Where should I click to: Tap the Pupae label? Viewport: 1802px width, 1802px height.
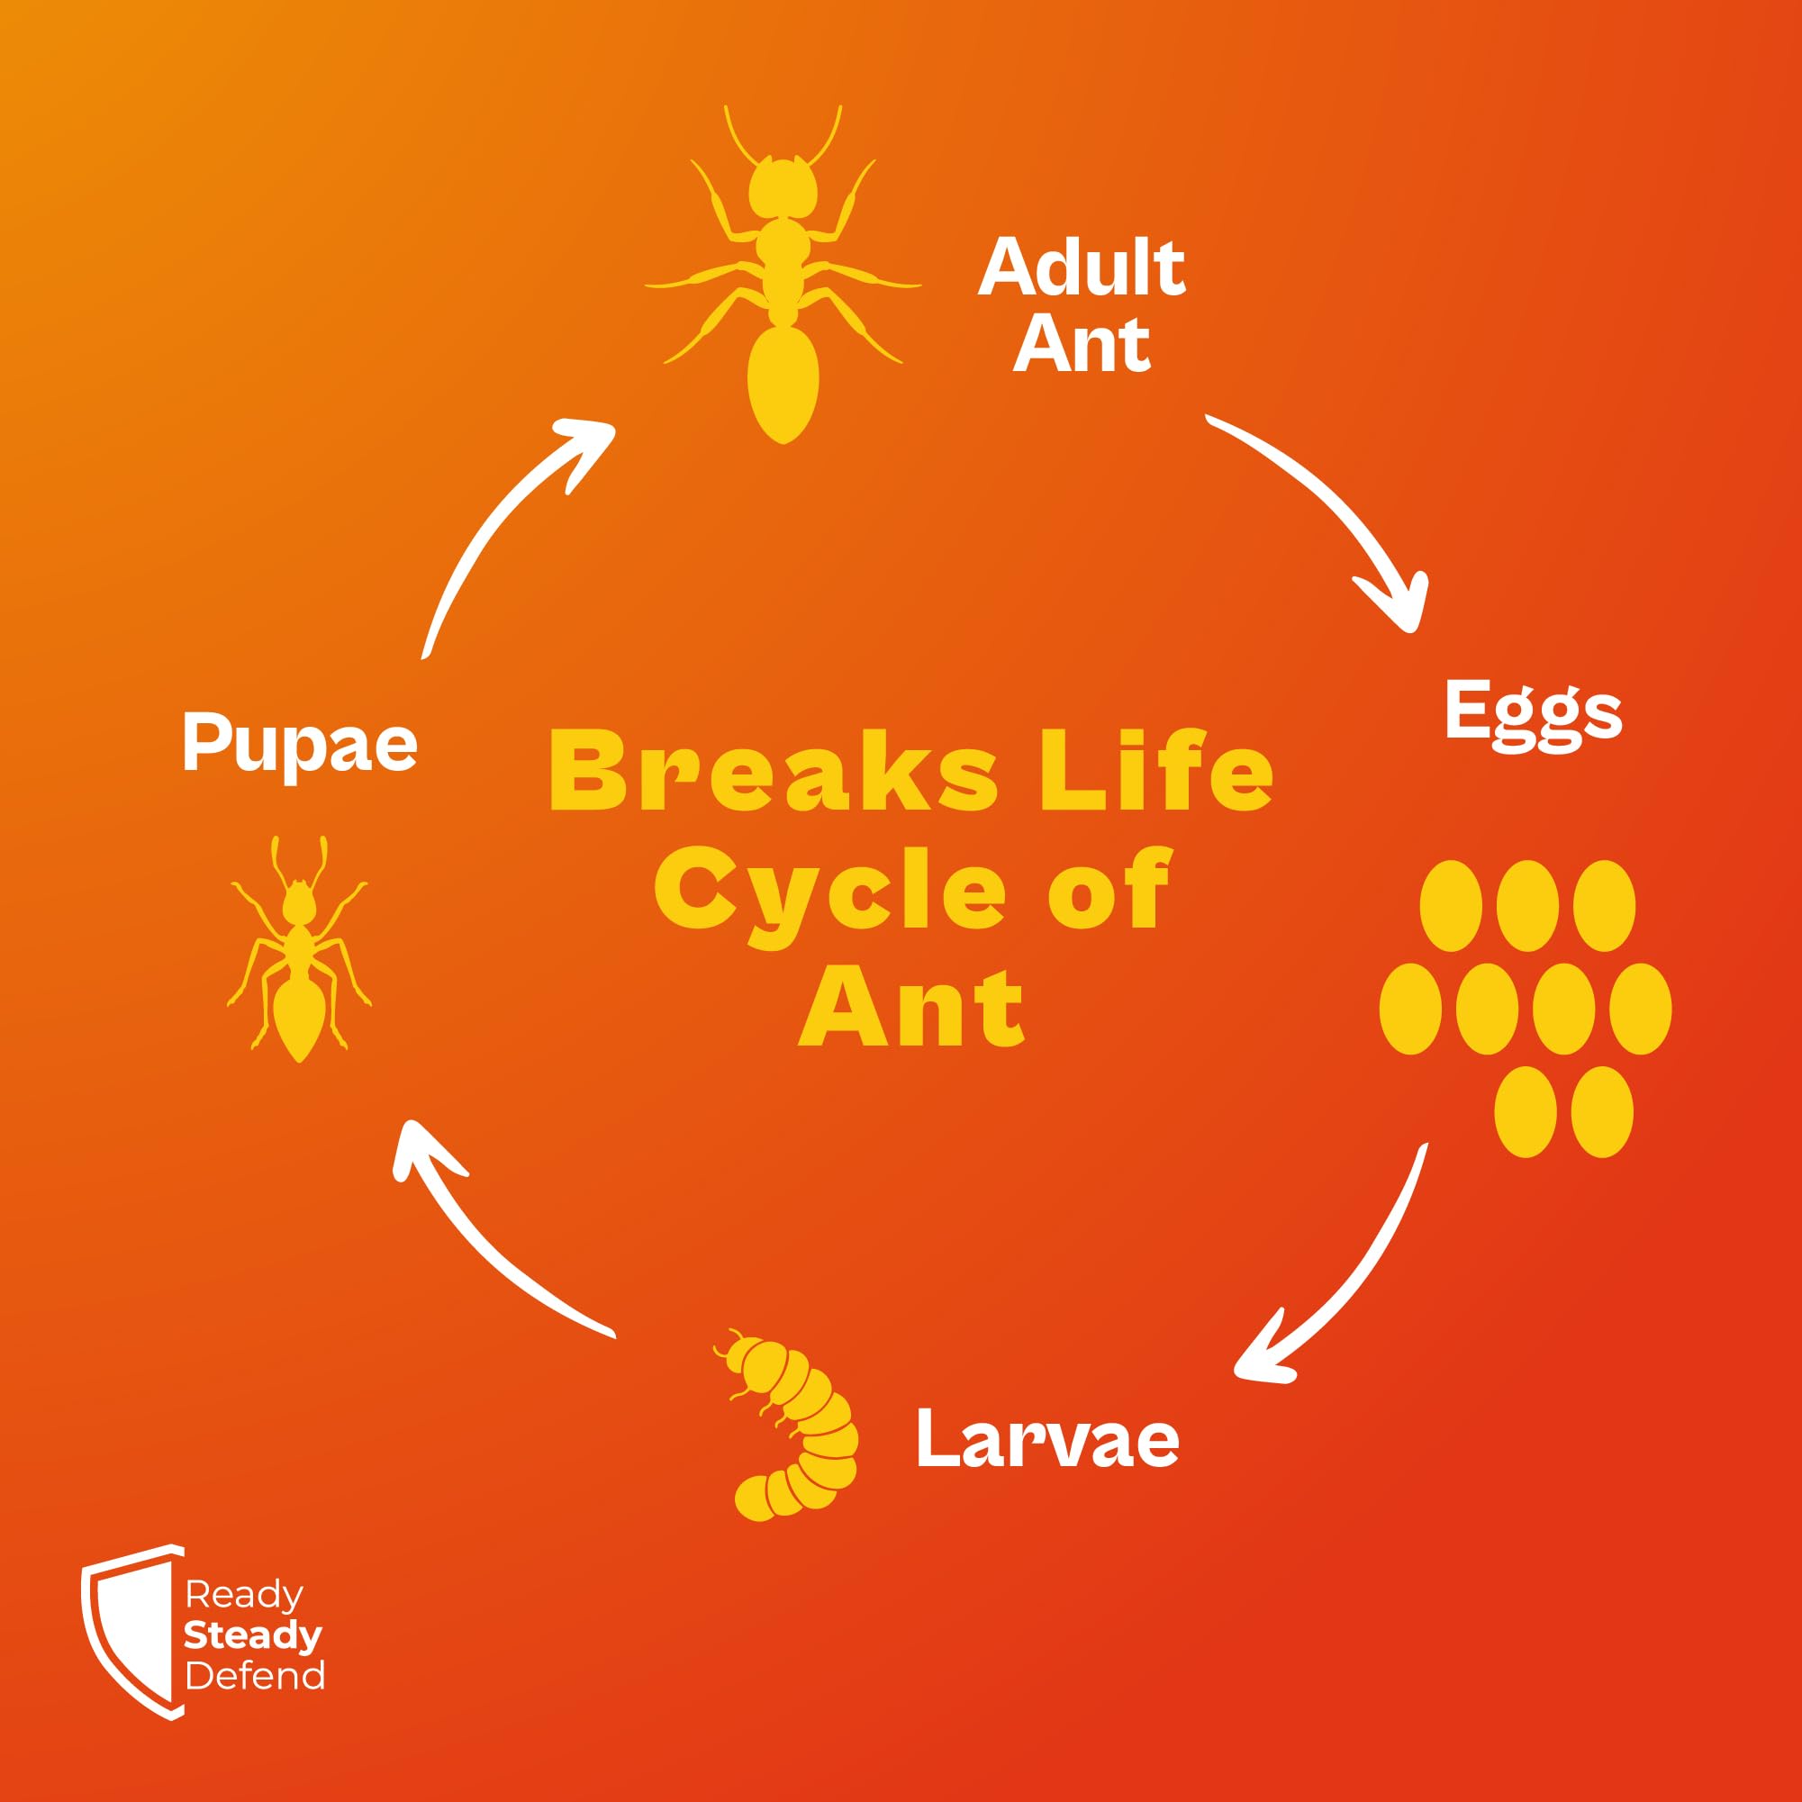pyautogui.click(x=299, y=743)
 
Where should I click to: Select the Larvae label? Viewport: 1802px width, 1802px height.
pyautogui.click(x=1047, y=1437)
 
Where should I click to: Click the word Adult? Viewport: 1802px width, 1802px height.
pyautogui.click(x=1081, y=267)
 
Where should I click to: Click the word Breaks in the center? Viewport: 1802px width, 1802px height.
pyautogui.click(x=774, y=771)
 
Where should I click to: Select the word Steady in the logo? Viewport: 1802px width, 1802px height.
pyautogui.click(x=253, y=1635)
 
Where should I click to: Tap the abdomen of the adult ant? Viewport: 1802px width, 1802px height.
pyautogui.click(x=783, y=383)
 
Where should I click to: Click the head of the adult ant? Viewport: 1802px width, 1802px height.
pyautogui.click(x=783, y=188)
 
